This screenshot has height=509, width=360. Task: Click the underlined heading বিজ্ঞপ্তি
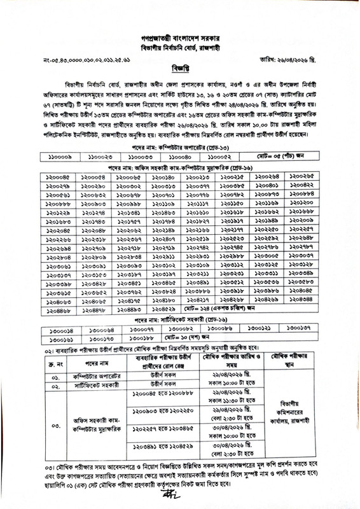pos(180,66)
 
